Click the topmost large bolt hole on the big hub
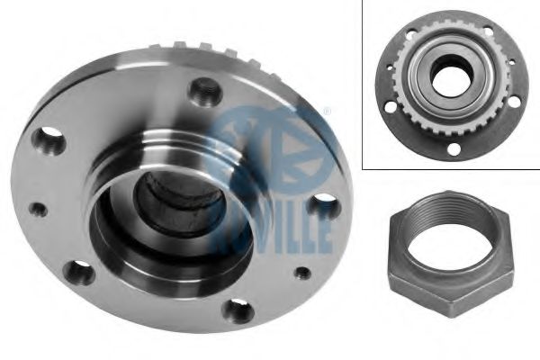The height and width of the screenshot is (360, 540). pos(205,91)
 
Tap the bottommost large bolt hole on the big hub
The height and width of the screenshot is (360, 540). pos(239,311)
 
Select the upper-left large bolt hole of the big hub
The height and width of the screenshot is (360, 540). pos(49,141)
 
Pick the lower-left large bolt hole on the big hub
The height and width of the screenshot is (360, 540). pos(79,273)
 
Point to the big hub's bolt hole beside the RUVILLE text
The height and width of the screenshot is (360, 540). pos(323,206)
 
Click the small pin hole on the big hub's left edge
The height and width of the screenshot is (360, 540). pos(38,210)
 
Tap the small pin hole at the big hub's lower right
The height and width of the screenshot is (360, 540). pos(302,274)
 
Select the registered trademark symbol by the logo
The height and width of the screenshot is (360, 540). pos(328,112)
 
